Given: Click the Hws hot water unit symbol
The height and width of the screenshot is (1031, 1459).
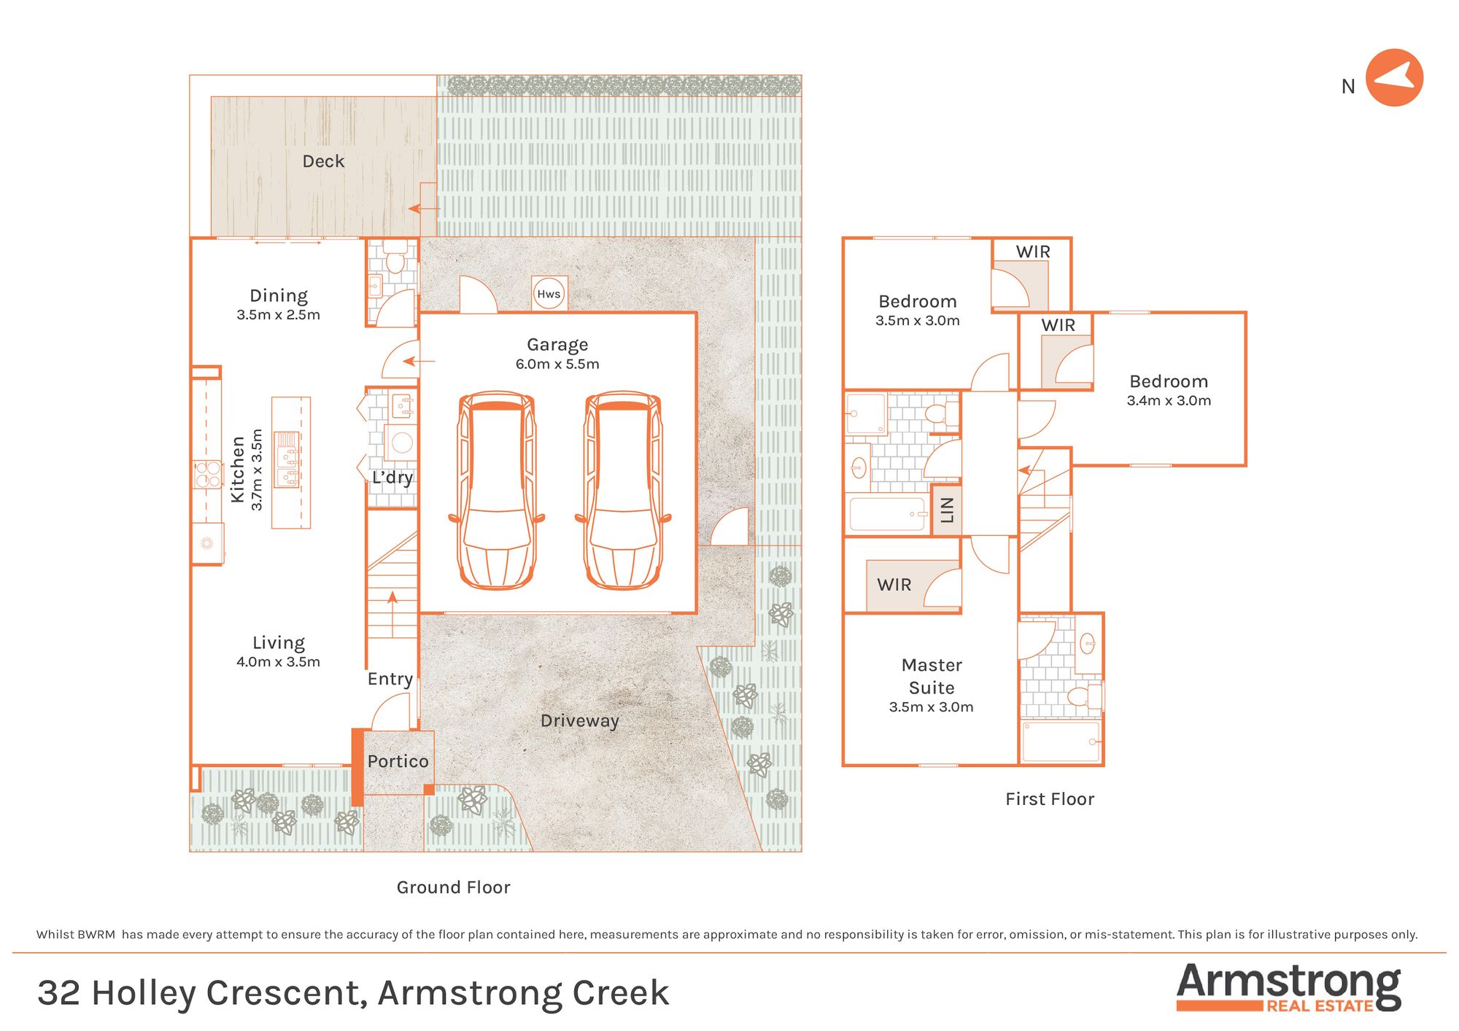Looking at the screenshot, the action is point(549,294).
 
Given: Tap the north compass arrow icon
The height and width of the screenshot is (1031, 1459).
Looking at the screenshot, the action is point(1394,78).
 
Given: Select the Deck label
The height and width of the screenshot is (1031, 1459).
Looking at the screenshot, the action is point(323,161).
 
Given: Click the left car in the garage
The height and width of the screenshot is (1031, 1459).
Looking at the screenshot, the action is point(496,490).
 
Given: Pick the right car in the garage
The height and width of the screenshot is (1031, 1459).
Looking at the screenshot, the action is point(623,490).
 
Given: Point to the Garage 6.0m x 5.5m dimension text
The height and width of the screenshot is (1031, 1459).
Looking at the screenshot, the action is point(557,364).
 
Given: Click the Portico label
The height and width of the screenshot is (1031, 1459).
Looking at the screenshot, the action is point(398,761).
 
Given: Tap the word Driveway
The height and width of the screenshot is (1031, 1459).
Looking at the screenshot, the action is point(580,720).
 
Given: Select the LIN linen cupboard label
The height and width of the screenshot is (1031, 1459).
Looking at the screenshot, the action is point(947,510).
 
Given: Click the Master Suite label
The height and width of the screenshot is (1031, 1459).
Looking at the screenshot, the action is point(932,676).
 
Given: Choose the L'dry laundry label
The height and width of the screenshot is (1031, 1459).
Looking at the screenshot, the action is point(392,478).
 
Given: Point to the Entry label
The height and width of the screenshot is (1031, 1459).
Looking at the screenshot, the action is point(390,679).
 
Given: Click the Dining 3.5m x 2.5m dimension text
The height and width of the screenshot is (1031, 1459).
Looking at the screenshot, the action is point(278,315).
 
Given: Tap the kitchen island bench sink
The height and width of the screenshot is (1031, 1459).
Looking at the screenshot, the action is point(287,459).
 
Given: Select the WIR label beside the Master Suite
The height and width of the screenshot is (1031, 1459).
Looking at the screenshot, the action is point(894,585).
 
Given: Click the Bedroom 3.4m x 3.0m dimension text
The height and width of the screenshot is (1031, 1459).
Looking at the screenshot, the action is point(1169,400).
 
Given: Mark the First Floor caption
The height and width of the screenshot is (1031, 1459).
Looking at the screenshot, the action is point(1050,799).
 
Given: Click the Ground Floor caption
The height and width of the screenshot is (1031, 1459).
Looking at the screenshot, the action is point(453,887).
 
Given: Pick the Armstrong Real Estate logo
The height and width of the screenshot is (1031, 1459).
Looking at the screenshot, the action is point(1289,987).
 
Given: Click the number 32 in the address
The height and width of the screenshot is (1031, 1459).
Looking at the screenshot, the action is point(59,993).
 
